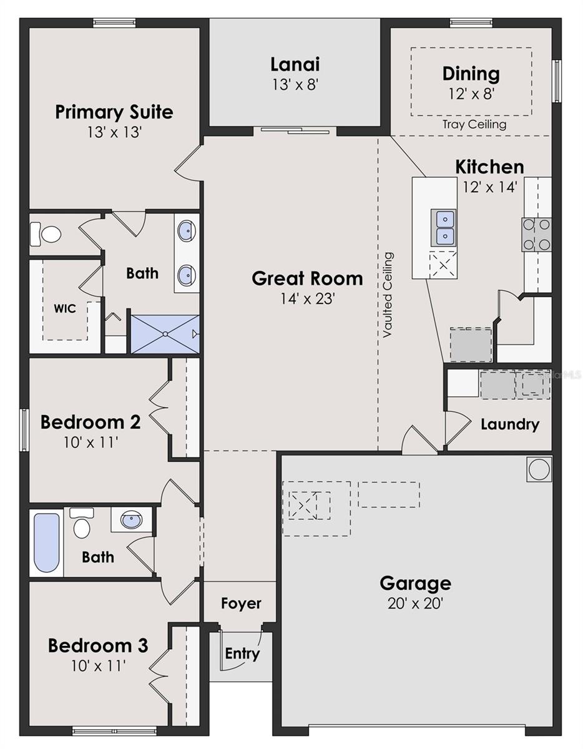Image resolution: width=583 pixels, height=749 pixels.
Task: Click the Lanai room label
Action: [x=295, y=65]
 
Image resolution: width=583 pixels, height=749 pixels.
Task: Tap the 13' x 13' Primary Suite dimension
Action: [x=114, y=132]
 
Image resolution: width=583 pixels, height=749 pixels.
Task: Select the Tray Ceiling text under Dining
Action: [x=474, y=124]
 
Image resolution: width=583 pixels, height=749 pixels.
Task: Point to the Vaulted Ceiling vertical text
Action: [x=388, y=295]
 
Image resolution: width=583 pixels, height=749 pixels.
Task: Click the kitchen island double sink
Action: [x=444, y=228]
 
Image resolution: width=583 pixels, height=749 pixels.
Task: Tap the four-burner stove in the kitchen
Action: [x=536, y=235]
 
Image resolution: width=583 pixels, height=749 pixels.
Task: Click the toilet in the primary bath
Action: [x=46, y=235]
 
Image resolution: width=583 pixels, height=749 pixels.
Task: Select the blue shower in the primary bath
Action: [x=165, y=334]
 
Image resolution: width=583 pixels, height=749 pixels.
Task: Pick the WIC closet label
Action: [x=65, y=308]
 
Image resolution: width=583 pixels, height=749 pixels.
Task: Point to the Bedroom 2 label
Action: [x=91, y=422]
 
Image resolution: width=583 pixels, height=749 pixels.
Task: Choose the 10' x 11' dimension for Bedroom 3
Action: [x=98, y=666]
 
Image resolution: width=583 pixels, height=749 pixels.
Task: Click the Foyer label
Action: [x=241, y=603]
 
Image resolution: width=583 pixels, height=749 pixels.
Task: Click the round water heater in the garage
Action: [x=539, y=469]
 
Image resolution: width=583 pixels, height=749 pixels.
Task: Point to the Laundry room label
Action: [x=511, y=425]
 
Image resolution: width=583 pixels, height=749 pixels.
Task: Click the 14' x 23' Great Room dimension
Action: [x=307, y=299]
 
